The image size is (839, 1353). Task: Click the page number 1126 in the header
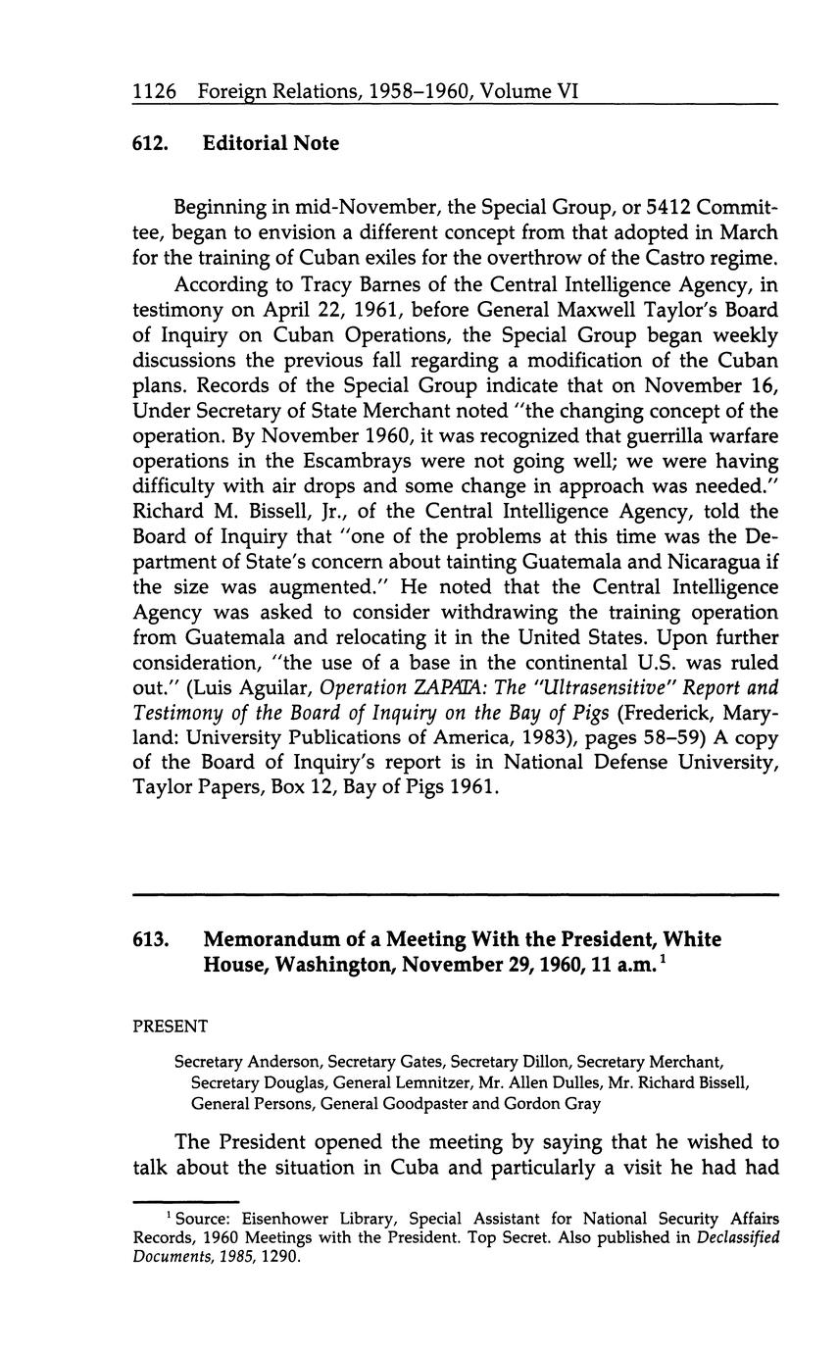tap(154, 91)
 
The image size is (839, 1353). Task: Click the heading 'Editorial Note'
tap(271, 143)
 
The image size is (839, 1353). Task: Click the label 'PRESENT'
tap(171, 1027)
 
